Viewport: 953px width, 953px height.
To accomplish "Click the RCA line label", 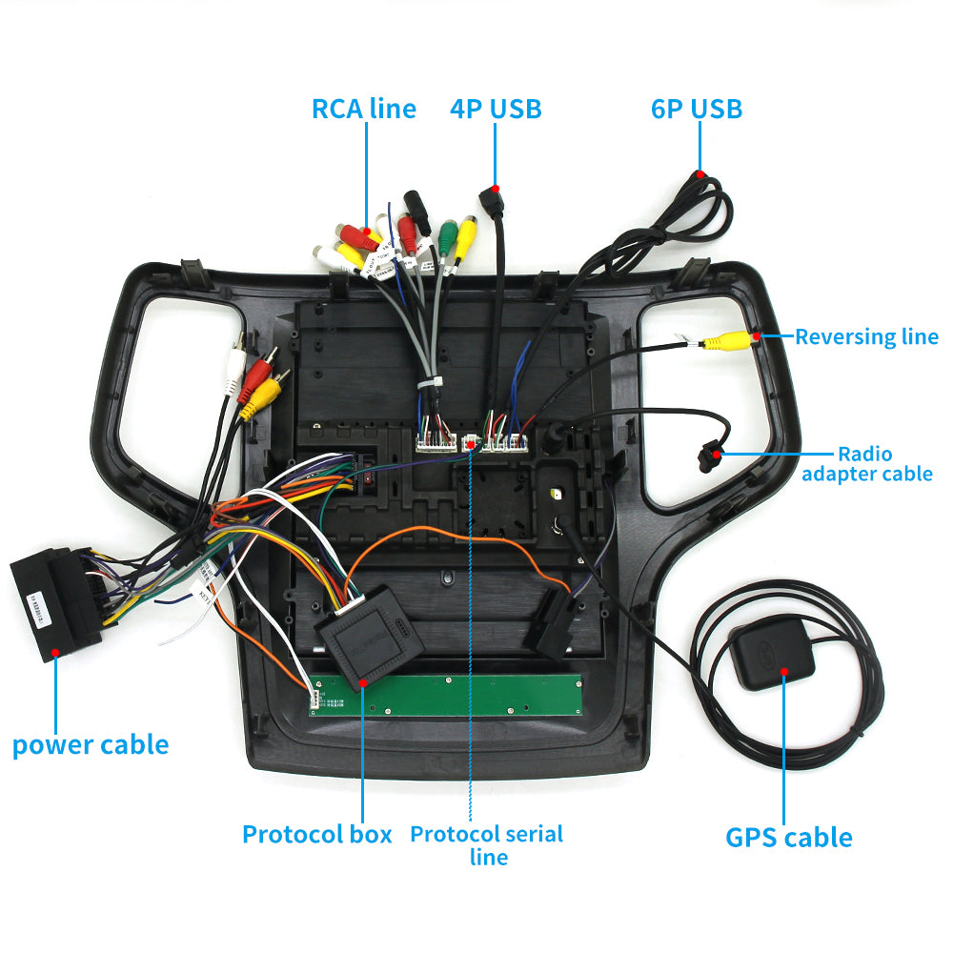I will tap(364, 109).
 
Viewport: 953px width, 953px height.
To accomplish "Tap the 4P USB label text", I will tap(496, 109).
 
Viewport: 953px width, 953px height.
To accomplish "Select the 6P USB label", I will tap(697, 109).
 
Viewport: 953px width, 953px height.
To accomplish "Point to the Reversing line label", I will tap(866, 336).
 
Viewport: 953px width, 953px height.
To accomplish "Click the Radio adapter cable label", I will tap(866, 463).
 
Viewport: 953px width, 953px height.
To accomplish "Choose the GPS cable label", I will tap(789, 838).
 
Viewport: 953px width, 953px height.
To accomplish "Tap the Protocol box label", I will tap(316, 835).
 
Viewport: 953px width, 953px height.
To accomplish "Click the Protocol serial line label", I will tap(487, 844).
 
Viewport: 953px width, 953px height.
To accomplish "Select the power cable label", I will tap(91, 744).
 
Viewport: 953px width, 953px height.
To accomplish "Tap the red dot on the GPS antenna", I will tap(784, 672).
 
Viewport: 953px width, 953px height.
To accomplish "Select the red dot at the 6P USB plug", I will tap(700, 174).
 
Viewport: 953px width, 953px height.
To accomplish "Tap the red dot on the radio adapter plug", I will tap(711, 456).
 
